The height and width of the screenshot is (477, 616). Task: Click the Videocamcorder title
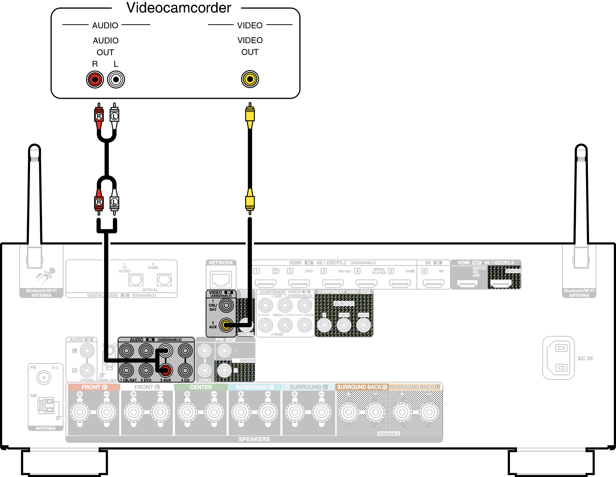[179, 8]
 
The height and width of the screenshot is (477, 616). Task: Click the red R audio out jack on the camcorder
[95, 79]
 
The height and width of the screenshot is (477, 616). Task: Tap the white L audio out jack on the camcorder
[116, 79]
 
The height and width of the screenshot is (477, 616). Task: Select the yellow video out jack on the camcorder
[250, 79]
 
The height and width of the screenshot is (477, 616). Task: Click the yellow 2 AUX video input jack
[226, 325]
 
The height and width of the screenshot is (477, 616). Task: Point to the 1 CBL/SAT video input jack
[226, 305]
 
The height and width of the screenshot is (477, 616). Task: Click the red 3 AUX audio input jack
[166, 370]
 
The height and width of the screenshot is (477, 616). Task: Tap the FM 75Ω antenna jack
[44, 377]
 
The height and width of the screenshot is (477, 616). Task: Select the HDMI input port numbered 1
[266, 283]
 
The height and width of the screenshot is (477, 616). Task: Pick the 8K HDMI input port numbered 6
[434, 283]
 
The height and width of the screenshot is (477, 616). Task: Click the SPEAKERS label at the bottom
[254, 439]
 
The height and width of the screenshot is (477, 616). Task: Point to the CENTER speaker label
[201, 387]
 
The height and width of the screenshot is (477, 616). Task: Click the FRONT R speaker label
[94, 387]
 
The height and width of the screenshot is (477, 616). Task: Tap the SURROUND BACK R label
[362, 387]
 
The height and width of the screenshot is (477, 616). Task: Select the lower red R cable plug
[99, 202]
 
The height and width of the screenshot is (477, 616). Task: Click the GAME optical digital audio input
[164, 280]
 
